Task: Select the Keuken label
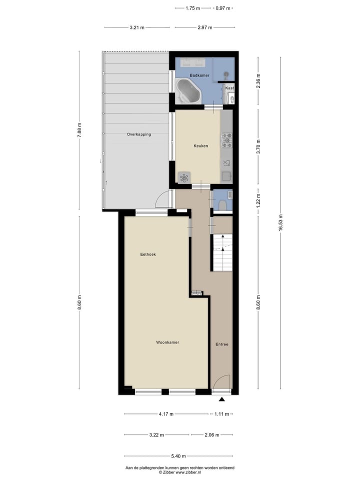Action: pyautogui.click(x=200, y=146)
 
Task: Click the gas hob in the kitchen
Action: pyautogui.click(x=227, y=139)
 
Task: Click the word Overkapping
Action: pyautogui.click(x=138, y=134)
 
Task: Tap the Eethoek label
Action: pyautogui.click(x=147, y=254)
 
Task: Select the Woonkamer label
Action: pyautogui.click(x=167, y=342)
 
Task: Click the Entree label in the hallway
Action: pyautogui.click(x=222, y=344)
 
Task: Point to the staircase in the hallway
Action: pyautogui.click(x=222, y=252)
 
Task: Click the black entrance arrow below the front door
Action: pyautogui.click(x=222, y=399)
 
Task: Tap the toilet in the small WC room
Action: pyautogui.click(x=221, y=204)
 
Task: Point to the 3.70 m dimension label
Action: pyautogui.click(x=258, y=148)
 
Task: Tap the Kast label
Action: pyautogui.click(x=229, y=88)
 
